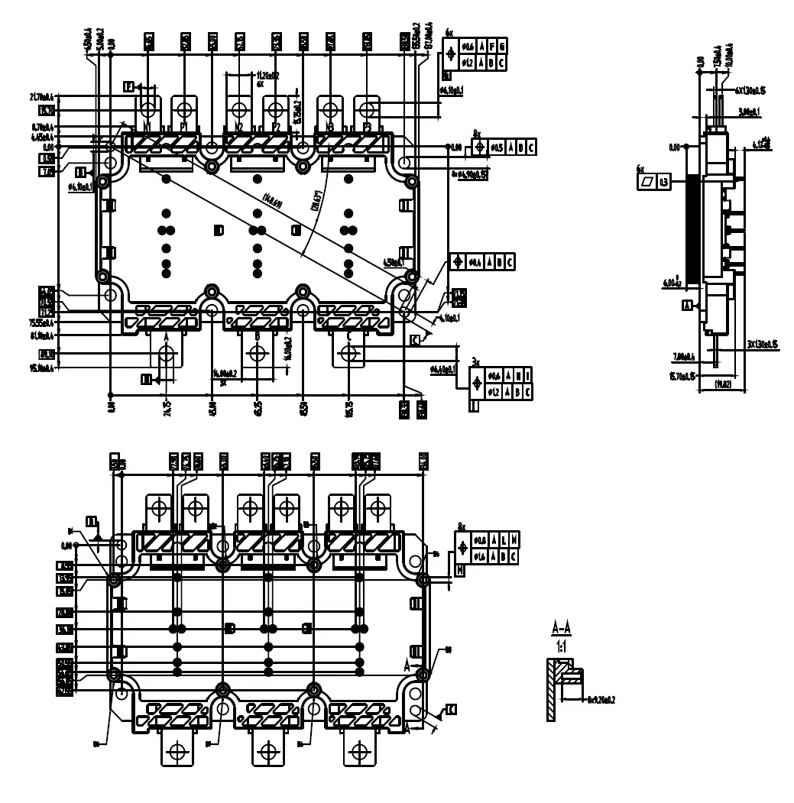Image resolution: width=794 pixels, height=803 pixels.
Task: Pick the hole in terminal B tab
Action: [257, 354]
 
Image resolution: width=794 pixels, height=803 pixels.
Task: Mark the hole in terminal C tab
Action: [349, 354]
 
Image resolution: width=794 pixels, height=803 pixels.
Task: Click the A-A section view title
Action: [561, 630]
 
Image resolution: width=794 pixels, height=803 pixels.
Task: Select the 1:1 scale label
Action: [561, 646]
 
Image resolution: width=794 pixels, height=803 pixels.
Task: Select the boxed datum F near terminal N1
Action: [129, 87]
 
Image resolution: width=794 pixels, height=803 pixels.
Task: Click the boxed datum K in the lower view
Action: [451, 710]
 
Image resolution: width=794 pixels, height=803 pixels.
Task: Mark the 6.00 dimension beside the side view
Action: [675, 282]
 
